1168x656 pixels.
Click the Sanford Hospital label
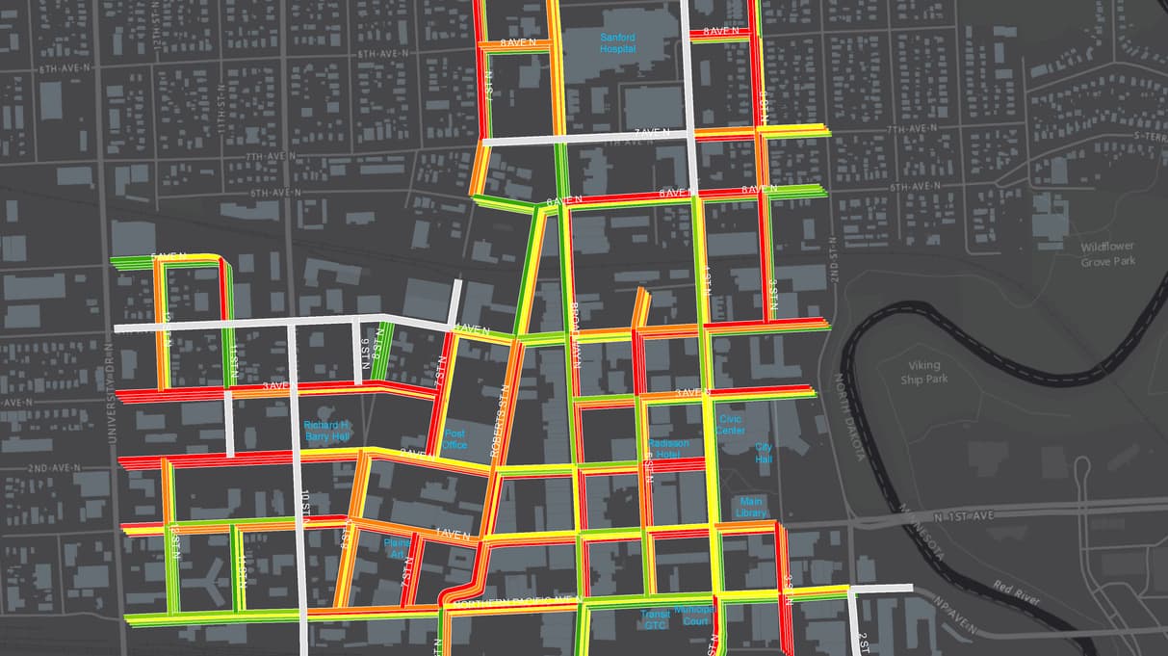pyautogui.click(x=619, y=43)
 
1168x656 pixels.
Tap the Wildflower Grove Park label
pyautogui.click(x=1107, y=254)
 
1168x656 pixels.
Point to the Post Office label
pyautogui.click(x=455, y=439)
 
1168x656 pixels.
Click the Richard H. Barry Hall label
pyautogui.click(x=326, y=431)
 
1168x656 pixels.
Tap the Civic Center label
pyautogui.click(x=730, y=425)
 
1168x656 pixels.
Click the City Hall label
pyautogui.click(x=764, y=453)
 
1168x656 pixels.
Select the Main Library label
pyautogui.click(x=751, y=507)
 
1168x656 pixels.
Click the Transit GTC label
pyautogui.click(x=655, y=619)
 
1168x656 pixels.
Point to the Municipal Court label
pyautogui.click(x=693, y=615)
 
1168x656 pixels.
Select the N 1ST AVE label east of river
pyautogui.click(x=963, y=516)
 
